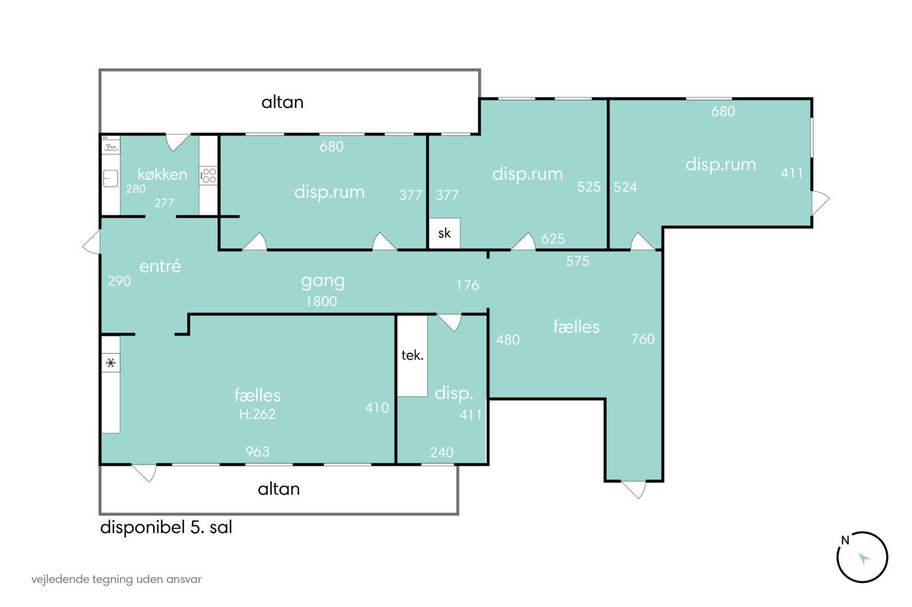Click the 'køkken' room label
[x=162, y=174]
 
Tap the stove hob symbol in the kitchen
[x=208, y=176]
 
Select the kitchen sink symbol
[x=110, y=178]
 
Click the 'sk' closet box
[x=444, y=233]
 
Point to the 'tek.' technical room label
[x=412, y=355]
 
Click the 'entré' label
[x=160, y=266]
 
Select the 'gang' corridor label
[x=323, y=281]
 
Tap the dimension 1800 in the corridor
[x=322, y=301]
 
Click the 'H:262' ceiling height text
[x=257, y=414]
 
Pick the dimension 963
[x=257, y=452]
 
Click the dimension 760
[x=643, y=339]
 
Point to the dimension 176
[x=468, y=286]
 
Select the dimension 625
[x=553, y=239]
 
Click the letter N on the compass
[x=846, y=541]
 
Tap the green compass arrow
[x=864, y=558]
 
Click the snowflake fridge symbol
[x=111, y=362]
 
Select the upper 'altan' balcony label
[x=283, y=102]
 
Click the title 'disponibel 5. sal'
[x=166, y=528]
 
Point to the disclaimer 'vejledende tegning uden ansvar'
[x=117, y=579]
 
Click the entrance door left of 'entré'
[x=93, y=242]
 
